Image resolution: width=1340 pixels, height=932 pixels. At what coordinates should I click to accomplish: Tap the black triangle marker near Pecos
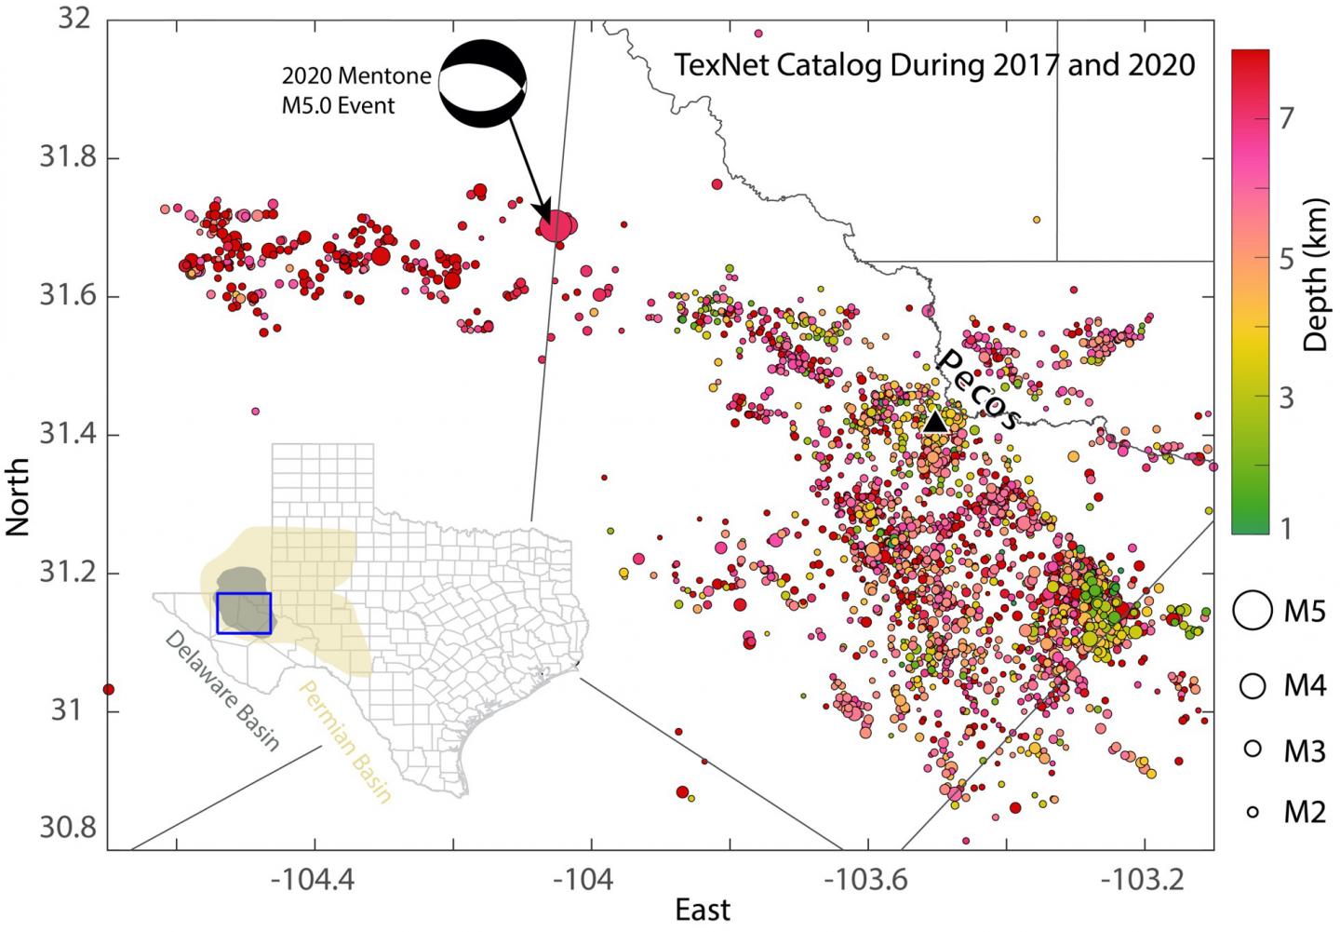coord(935,422)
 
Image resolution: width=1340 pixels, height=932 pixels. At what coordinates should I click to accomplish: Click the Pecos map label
coord(977,389)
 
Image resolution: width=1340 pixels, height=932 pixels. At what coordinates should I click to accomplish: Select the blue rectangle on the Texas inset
coord(244,613)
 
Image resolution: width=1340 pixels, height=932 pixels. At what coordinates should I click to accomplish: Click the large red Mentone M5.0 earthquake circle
coord(557,225)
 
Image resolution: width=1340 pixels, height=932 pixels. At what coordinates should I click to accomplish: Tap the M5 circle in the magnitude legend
coord(1253,610)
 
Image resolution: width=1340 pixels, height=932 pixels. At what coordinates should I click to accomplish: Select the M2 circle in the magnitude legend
coord(1253,812)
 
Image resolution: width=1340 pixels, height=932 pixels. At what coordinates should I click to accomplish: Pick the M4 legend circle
coord(1253,686)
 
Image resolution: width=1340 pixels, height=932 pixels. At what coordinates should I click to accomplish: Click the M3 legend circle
coord(1253,749)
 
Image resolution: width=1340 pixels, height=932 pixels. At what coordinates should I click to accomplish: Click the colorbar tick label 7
coord(1287,120)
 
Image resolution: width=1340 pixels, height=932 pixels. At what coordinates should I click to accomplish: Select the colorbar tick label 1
coord(1287,529)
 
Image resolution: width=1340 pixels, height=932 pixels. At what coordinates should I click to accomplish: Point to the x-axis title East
coord(703,911)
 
